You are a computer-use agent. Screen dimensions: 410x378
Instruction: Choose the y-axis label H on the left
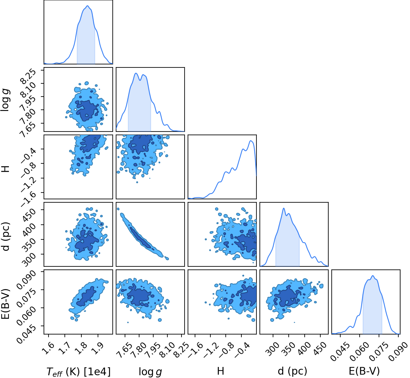click(x=6, y=169)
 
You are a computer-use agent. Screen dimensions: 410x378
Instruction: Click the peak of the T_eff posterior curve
click(x=88, y=6)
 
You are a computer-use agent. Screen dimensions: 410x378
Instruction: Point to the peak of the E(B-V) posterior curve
click(x=373, y=276)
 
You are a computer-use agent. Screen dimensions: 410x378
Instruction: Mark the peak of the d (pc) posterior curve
click(x=284, y=208)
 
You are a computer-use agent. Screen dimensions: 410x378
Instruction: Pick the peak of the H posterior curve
click(x=251, y=141)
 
